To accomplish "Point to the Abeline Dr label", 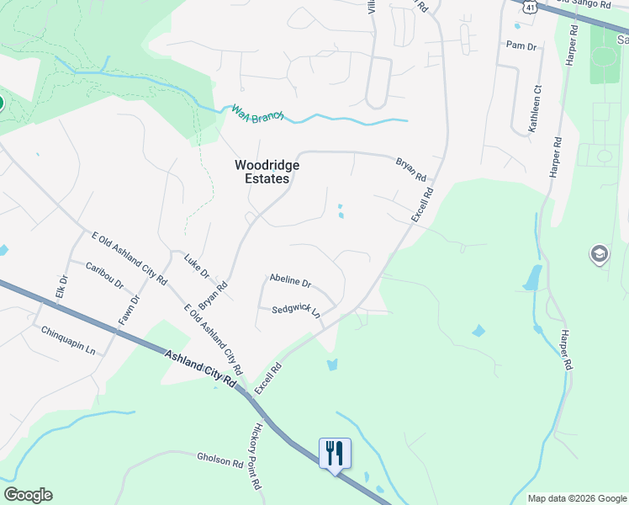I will point(290,281).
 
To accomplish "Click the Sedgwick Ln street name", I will point(295,311).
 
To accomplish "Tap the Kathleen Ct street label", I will point(534,109).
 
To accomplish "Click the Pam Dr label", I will point(521,45).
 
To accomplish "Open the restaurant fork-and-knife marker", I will point(335,454).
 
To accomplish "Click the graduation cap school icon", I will point(599,254).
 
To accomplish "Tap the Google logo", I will point(28,495).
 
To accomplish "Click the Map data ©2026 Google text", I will point(577,498).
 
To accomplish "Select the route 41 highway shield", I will point(529,6).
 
